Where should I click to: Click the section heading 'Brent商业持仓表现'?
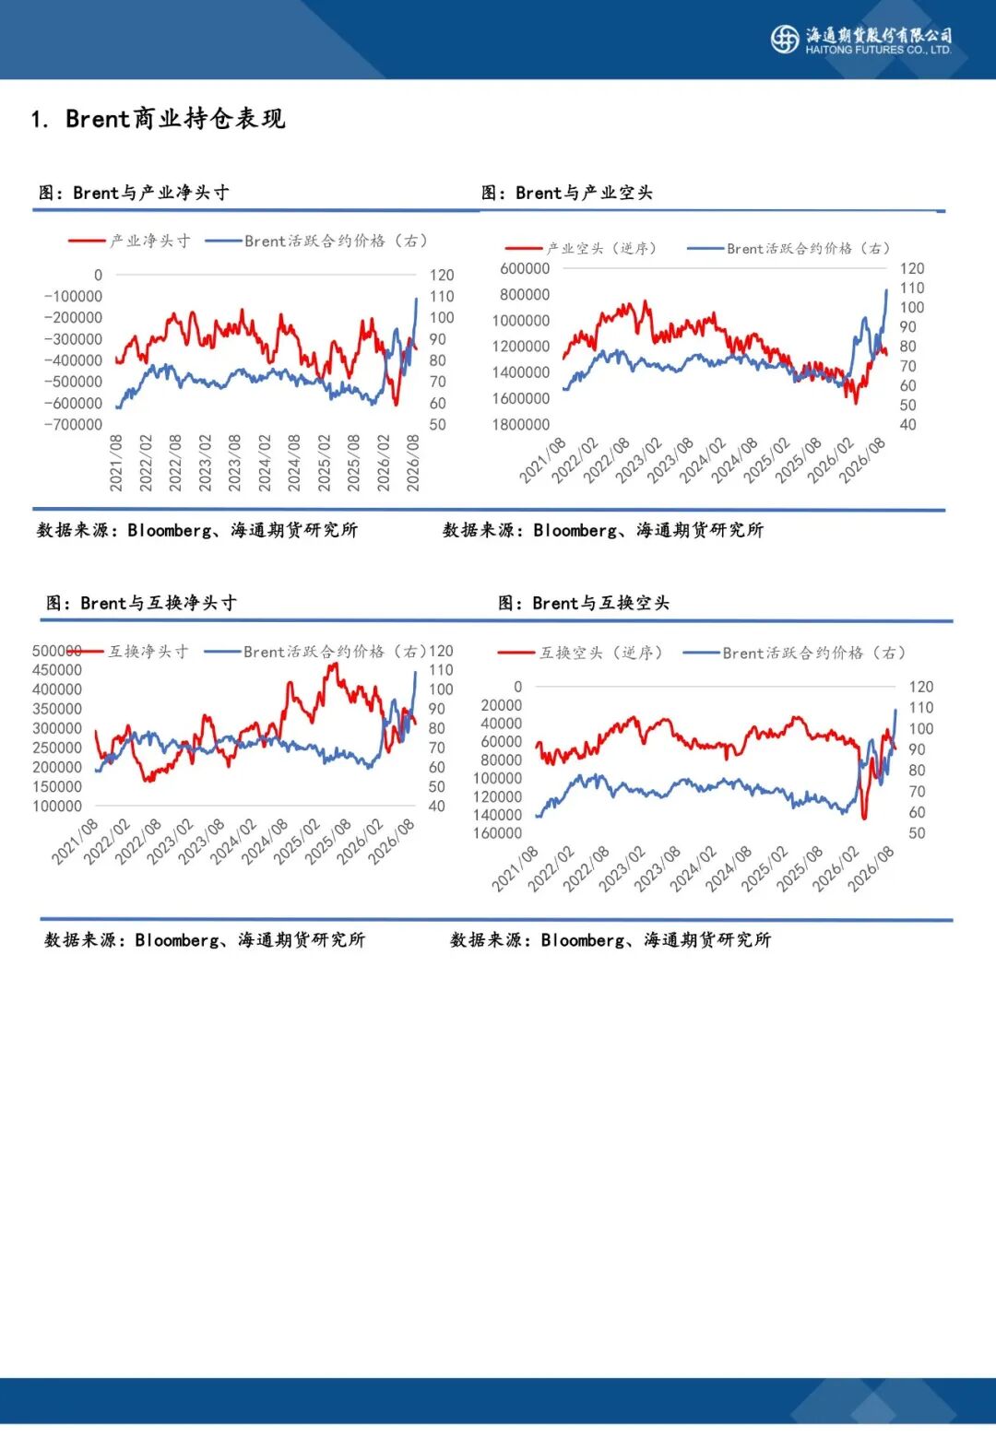tap(175, 119)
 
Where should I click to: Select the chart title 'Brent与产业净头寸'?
tap(151, 193)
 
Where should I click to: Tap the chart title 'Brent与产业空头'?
tap(584, 193)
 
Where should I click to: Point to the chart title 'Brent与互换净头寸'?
tap(159, 603)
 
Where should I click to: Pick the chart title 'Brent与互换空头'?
tap(600, 603)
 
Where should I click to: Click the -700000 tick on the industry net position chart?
tap(73, 425)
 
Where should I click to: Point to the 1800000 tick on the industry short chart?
tap(520, 425)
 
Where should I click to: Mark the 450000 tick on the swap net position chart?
tap(57, 670)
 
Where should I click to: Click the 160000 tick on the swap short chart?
tap(497, 833)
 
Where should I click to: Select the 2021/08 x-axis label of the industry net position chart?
tap(116, 463)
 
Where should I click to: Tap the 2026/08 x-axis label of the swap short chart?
tap(871, 868)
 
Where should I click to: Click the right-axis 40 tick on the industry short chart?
tap(908, 425)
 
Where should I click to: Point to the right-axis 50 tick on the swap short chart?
tap(917, 833)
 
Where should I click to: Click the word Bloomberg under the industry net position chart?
tap(170, 531)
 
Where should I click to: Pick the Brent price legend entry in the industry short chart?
tap(788, 248)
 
